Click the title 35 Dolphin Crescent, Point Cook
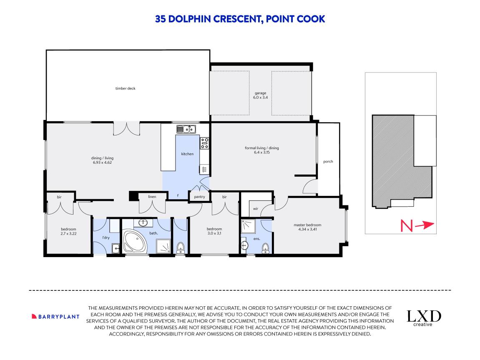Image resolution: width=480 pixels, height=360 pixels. click(x=240, y=19)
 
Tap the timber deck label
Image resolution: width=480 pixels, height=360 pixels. click(x=125, y=88)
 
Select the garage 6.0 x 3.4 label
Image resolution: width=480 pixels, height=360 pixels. click(x=261, y=95)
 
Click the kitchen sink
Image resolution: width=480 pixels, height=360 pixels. click(x=186, y=129)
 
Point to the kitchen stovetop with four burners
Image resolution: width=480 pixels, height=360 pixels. click(x=204, y=143)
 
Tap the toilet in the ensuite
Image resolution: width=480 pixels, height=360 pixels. click(x=265, y=249)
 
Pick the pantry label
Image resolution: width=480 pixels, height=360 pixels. click(x=199, y=197)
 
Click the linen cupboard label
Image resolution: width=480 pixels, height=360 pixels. click(x=152, y=197)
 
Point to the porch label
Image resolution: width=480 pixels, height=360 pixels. click(x=328, y=162)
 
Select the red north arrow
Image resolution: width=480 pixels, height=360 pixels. click(x=425, y=225)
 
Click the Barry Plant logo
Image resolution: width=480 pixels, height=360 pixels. click(x=55, y=316)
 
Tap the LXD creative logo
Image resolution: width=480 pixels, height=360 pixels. click(x=424, y=318)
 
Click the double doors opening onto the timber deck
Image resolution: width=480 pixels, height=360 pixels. click(x=126, y=129)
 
